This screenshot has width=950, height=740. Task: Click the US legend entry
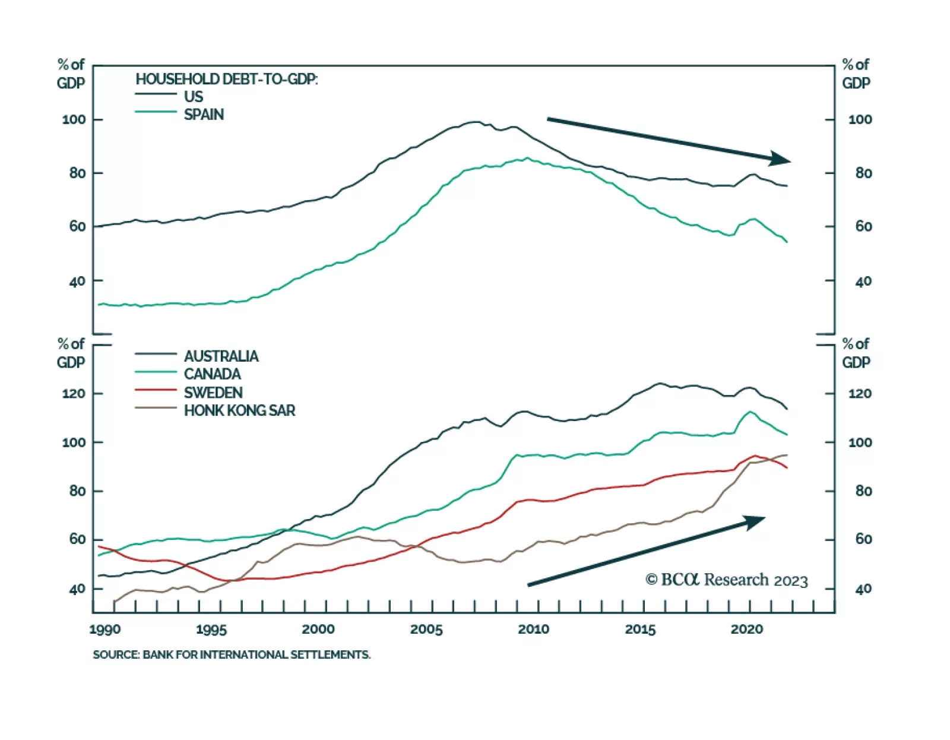point(193,96)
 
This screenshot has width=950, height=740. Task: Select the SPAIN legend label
point(204,115)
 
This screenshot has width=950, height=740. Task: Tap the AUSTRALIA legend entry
point(221,356)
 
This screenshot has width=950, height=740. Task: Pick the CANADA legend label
point(213,374)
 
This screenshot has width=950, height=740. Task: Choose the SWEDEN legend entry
point(213,393)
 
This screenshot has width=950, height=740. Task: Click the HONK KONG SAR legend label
point(239,410)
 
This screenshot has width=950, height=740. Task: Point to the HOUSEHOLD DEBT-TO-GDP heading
point(227,79)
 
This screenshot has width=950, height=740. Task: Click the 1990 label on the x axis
point(105,630)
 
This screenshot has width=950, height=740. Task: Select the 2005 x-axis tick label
point(426,630)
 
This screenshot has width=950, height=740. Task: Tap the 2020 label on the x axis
point(747,630)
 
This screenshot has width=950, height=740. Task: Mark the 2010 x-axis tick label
point(533,630)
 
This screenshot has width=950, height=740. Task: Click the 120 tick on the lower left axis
point(74,394)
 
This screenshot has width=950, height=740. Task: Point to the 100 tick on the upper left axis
point(74,120)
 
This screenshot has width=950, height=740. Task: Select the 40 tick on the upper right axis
point(864,281)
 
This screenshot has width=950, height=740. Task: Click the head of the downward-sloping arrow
point(782,159)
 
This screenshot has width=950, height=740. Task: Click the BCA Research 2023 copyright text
point(727,580)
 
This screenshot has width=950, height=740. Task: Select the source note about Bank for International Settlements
point(232,654)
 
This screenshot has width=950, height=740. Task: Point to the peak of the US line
point(476,122)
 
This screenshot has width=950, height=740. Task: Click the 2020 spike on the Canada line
point(750,412)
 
